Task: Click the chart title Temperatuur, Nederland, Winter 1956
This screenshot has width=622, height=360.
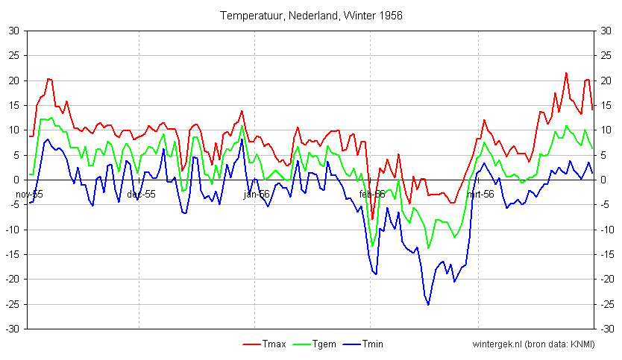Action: (x=312, y=15)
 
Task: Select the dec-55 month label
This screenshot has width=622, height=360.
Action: (x=141, y=195)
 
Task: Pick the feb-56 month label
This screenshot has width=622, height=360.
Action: (x=371, y=195)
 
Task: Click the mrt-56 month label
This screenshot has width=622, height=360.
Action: (x=480, y=195)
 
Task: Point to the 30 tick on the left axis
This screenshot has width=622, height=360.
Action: (x=14, y=31)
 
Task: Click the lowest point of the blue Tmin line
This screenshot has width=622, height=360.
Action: (x=428, y=304)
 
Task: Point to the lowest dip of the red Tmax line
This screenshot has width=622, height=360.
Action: (x=372, y=219)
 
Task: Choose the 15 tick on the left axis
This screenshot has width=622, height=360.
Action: (x=14, y=105)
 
